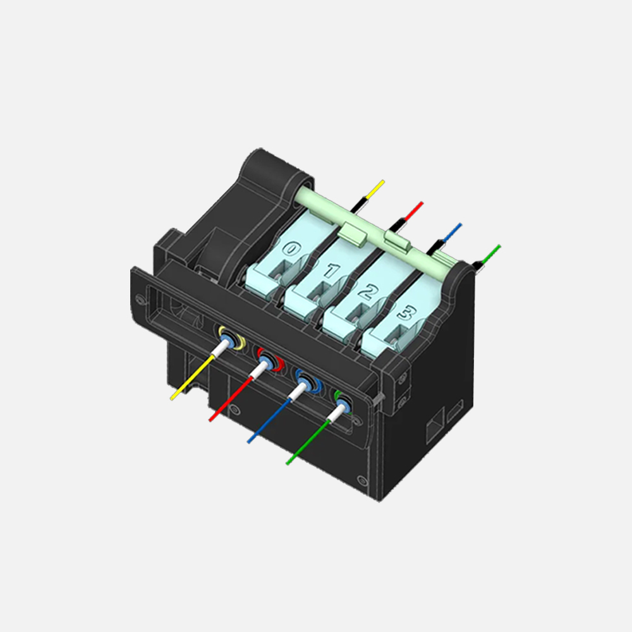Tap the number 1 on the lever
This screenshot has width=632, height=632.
(x=330, y=271)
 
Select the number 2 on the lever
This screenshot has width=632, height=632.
(x=366, y=291)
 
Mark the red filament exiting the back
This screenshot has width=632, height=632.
(x=414, y=210)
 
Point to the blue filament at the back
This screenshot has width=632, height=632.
(x=453, y=231)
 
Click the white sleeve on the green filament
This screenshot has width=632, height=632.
(x=336, y=413)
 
